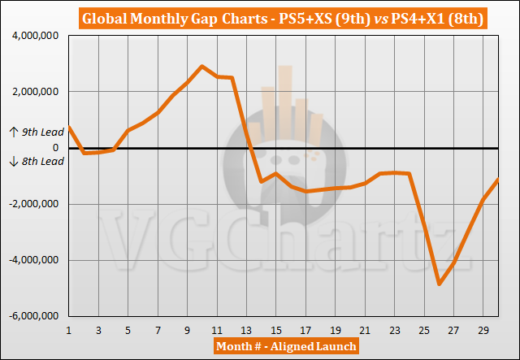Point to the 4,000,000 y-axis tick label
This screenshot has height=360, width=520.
pos(35,36)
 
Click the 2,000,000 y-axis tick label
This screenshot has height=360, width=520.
pos(35,92)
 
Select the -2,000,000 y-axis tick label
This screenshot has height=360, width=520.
pos(33,204)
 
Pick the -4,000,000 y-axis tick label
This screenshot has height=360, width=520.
pos(33,260)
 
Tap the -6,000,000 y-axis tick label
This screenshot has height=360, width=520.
pos(33,315)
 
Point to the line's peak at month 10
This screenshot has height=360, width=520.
pos(202,66)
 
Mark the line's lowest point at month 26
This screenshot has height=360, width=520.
pos(440,284)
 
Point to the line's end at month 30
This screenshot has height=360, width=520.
pos(498,180)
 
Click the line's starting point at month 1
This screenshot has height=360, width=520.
pos(69,127)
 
